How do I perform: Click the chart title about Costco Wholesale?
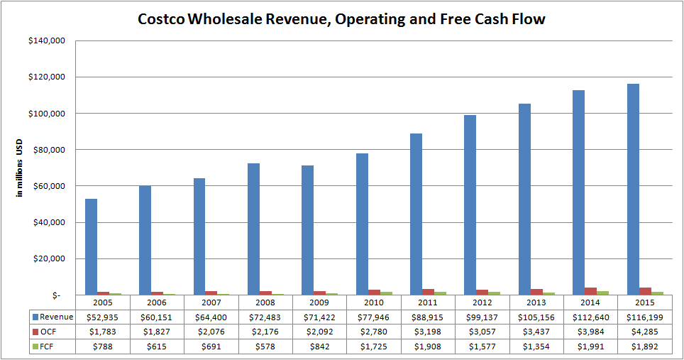(341, 19)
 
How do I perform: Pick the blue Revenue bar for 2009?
(307, 230)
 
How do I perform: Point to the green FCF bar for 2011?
(441, 293)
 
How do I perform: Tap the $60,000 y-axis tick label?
(48, 186)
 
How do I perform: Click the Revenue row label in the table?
(54, 317)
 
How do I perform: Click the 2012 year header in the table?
(482, 302)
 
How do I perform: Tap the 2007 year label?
(211, 302)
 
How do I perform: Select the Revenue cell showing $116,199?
(645, 317)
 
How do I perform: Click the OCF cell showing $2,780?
(374, 331)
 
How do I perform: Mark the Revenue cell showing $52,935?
(103, 317)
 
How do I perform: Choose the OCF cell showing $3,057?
(482, 331)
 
